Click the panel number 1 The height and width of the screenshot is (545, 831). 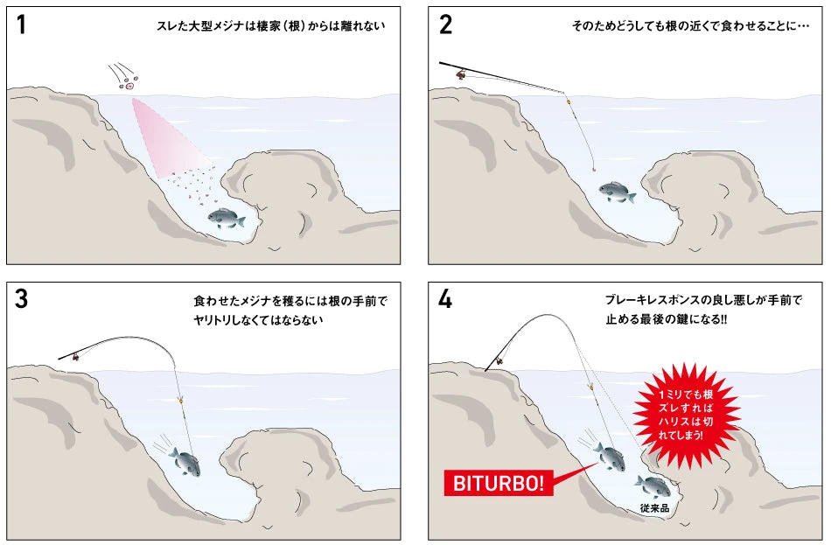tap(21, 24)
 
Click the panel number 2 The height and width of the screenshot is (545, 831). tap(445, 24)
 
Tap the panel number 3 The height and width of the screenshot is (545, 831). tap(21, 299)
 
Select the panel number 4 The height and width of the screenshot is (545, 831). tap(445, 299)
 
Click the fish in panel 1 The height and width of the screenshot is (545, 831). tap(226, 219)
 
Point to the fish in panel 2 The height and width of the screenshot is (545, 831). tap(618, 192)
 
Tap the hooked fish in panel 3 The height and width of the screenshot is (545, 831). tap(184, 461)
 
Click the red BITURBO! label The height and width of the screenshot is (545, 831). tap(499, 483)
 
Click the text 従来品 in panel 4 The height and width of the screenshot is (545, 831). tap(655, 507)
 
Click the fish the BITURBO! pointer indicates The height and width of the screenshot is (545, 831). tap(608, 454)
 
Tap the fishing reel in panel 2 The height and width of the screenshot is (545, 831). tap(461, 75)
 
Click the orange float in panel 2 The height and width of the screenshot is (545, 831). tap(569, 103)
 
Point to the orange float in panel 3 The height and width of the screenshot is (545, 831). tap(181, 401)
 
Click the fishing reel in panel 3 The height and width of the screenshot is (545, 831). tap(77, 356)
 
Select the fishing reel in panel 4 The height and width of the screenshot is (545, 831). tap(499, 359)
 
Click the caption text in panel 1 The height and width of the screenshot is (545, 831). tap(270, 26)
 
